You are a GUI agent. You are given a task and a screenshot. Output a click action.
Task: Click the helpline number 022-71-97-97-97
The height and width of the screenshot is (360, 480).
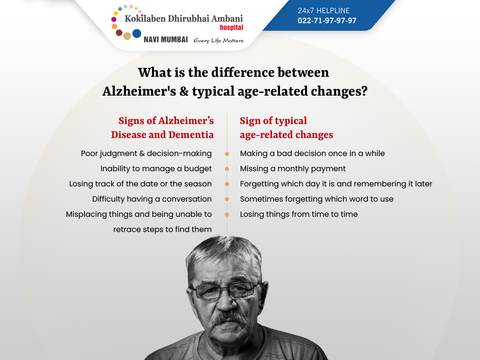click(327, 20)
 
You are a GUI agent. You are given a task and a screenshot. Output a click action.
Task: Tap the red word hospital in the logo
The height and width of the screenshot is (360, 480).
click(231, 28)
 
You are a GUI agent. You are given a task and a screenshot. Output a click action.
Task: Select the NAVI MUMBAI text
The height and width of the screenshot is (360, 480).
click(166, 40)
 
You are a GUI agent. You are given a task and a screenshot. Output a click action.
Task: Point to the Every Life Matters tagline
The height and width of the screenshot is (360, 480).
click(218, 41)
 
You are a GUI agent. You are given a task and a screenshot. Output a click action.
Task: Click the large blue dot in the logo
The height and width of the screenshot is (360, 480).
click(137, 34)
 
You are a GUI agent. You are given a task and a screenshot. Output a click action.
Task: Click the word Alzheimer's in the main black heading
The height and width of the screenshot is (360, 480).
click(139, 91)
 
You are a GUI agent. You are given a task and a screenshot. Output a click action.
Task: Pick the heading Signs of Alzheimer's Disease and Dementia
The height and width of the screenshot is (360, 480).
click(162, 128)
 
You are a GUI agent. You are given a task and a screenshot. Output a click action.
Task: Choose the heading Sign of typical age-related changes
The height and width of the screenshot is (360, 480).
click(286, 128)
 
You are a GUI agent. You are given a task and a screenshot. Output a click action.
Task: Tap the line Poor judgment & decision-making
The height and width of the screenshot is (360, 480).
click(146, 154)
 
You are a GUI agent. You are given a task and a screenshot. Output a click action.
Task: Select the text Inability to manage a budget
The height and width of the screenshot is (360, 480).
click(156, 169)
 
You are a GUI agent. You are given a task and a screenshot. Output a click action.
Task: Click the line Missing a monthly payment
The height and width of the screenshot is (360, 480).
click(293, 169)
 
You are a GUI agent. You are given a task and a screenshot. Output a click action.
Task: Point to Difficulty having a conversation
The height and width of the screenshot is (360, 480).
click(152, 199)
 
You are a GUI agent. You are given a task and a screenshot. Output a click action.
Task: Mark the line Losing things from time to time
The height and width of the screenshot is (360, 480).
click(299, 214)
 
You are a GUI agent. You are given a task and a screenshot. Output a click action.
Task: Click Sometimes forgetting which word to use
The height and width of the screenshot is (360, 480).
click(317, 199)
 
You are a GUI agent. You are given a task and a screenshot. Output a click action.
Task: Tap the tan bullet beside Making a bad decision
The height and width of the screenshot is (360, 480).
click(227, 154)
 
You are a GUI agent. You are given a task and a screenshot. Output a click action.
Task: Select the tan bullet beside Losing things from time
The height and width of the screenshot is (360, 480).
click(227, 215)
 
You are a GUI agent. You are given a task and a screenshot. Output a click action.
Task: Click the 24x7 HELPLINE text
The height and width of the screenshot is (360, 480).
click(324, 10)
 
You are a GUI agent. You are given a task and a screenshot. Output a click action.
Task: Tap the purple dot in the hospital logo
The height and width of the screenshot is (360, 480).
click(114, 20)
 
